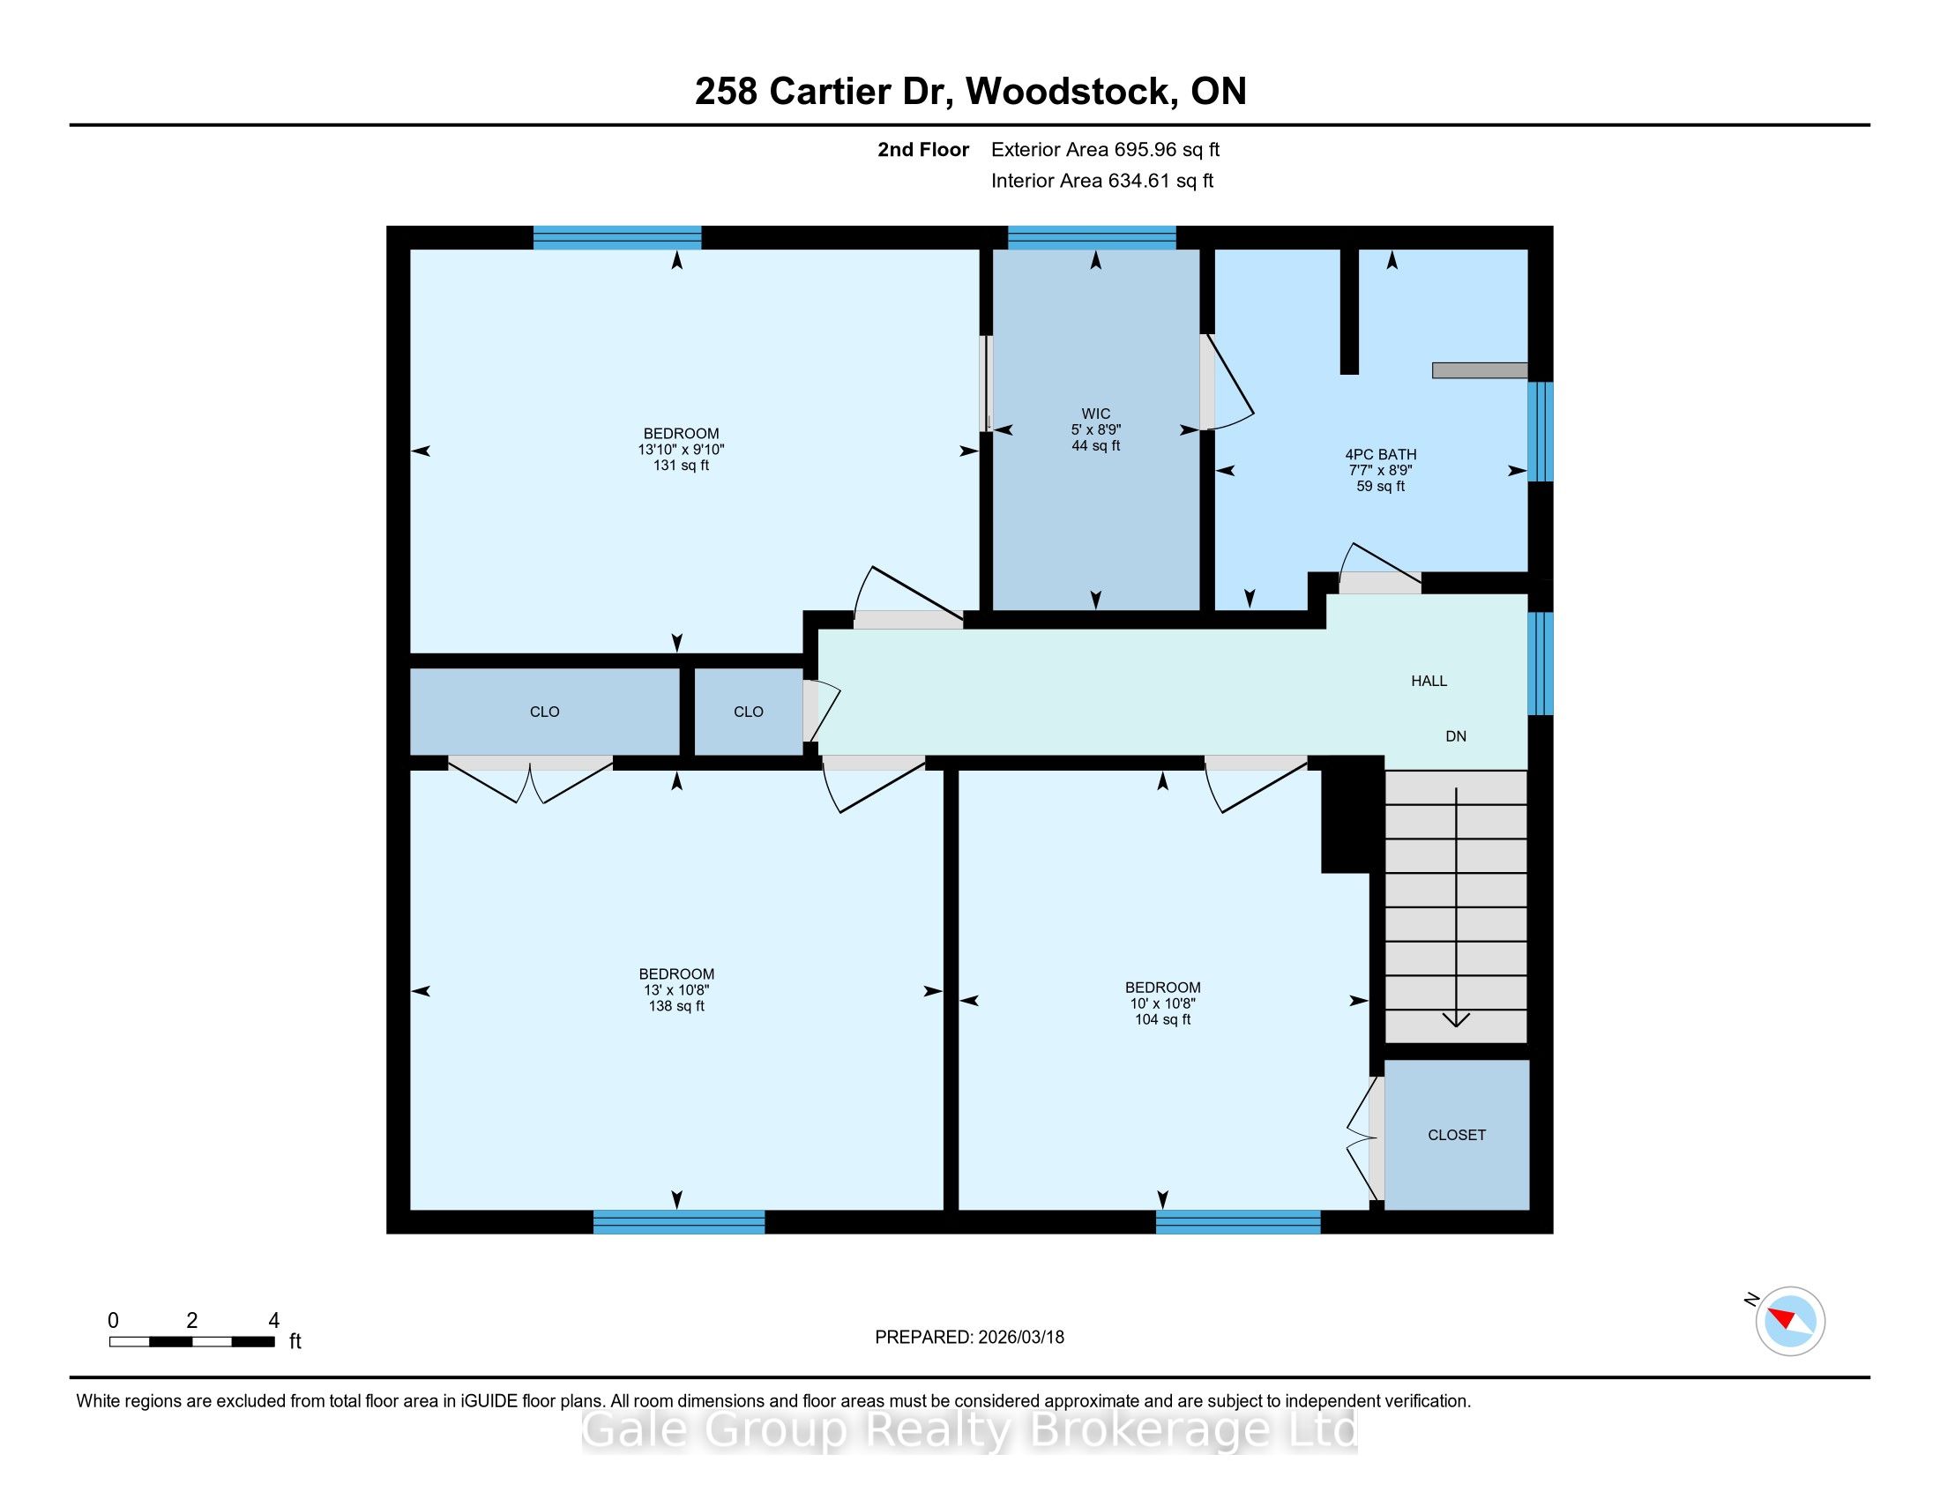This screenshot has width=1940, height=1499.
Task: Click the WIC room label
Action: [x=1095, y=414]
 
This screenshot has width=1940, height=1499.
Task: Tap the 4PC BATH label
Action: [x=1380, y=455]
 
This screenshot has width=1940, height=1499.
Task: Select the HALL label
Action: [x=1429, y=681]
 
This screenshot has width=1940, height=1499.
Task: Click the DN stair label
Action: [x=1456, y=736]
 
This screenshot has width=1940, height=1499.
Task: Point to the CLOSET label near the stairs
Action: [x=1457, y=1135]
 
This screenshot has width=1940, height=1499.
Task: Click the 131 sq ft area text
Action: [x=682, y=466]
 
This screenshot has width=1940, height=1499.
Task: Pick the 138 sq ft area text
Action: [x=677, y=1006]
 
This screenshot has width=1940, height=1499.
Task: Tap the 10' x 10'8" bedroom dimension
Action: [x=1163, y=1003]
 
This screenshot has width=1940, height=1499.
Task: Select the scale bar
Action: [x=192, y=1341]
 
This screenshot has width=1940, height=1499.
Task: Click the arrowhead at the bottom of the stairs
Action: [x=1456, y=1020]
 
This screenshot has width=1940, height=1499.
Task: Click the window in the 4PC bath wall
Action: [x=1541, y=431]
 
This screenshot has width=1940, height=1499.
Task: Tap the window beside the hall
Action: [x=1541, y=662]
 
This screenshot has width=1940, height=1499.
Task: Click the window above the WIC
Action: [x=1092, y=237]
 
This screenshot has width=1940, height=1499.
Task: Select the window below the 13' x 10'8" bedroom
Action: [x=679, y=1222]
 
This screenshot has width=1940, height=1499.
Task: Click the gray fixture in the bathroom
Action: [x=1480, y=370]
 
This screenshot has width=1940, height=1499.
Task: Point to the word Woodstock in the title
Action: [x=1067, y=92]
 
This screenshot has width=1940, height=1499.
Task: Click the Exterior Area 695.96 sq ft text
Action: [x=1106, y=150]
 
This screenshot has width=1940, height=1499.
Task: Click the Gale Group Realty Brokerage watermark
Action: [x=970, y=1430]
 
